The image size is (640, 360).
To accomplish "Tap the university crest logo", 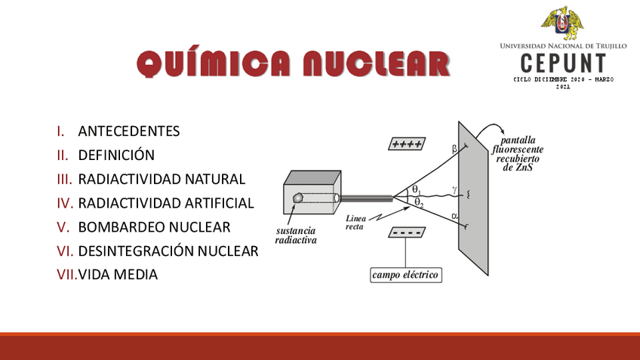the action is tap(562, 23).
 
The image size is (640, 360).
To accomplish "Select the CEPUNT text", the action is tap(563, 63).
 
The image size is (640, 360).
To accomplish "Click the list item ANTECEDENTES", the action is tap(129, 131).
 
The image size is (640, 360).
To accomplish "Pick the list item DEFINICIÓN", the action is tap(116, 155).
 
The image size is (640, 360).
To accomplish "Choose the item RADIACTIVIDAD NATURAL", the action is tap(162, 180).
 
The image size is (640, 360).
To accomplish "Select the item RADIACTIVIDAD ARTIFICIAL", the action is tap(166, 203).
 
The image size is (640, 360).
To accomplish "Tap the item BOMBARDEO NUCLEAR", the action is tap(154, 227).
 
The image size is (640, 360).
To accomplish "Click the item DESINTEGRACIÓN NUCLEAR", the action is tap(168, 251).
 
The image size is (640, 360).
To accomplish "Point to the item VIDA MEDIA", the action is tap(118, 275).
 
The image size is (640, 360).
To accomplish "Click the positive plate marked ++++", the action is tap(406, 144).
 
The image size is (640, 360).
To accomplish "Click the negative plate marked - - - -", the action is tap(406, 233).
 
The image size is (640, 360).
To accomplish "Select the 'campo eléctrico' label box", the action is tap(405, 275).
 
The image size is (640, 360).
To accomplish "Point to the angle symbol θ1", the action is tap(416, 189).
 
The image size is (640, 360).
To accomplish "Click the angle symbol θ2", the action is tap(419, 202).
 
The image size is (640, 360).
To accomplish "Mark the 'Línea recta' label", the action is tap(355, 223).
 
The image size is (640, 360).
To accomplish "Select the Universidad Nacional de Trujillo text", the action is tap(563, 46).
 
